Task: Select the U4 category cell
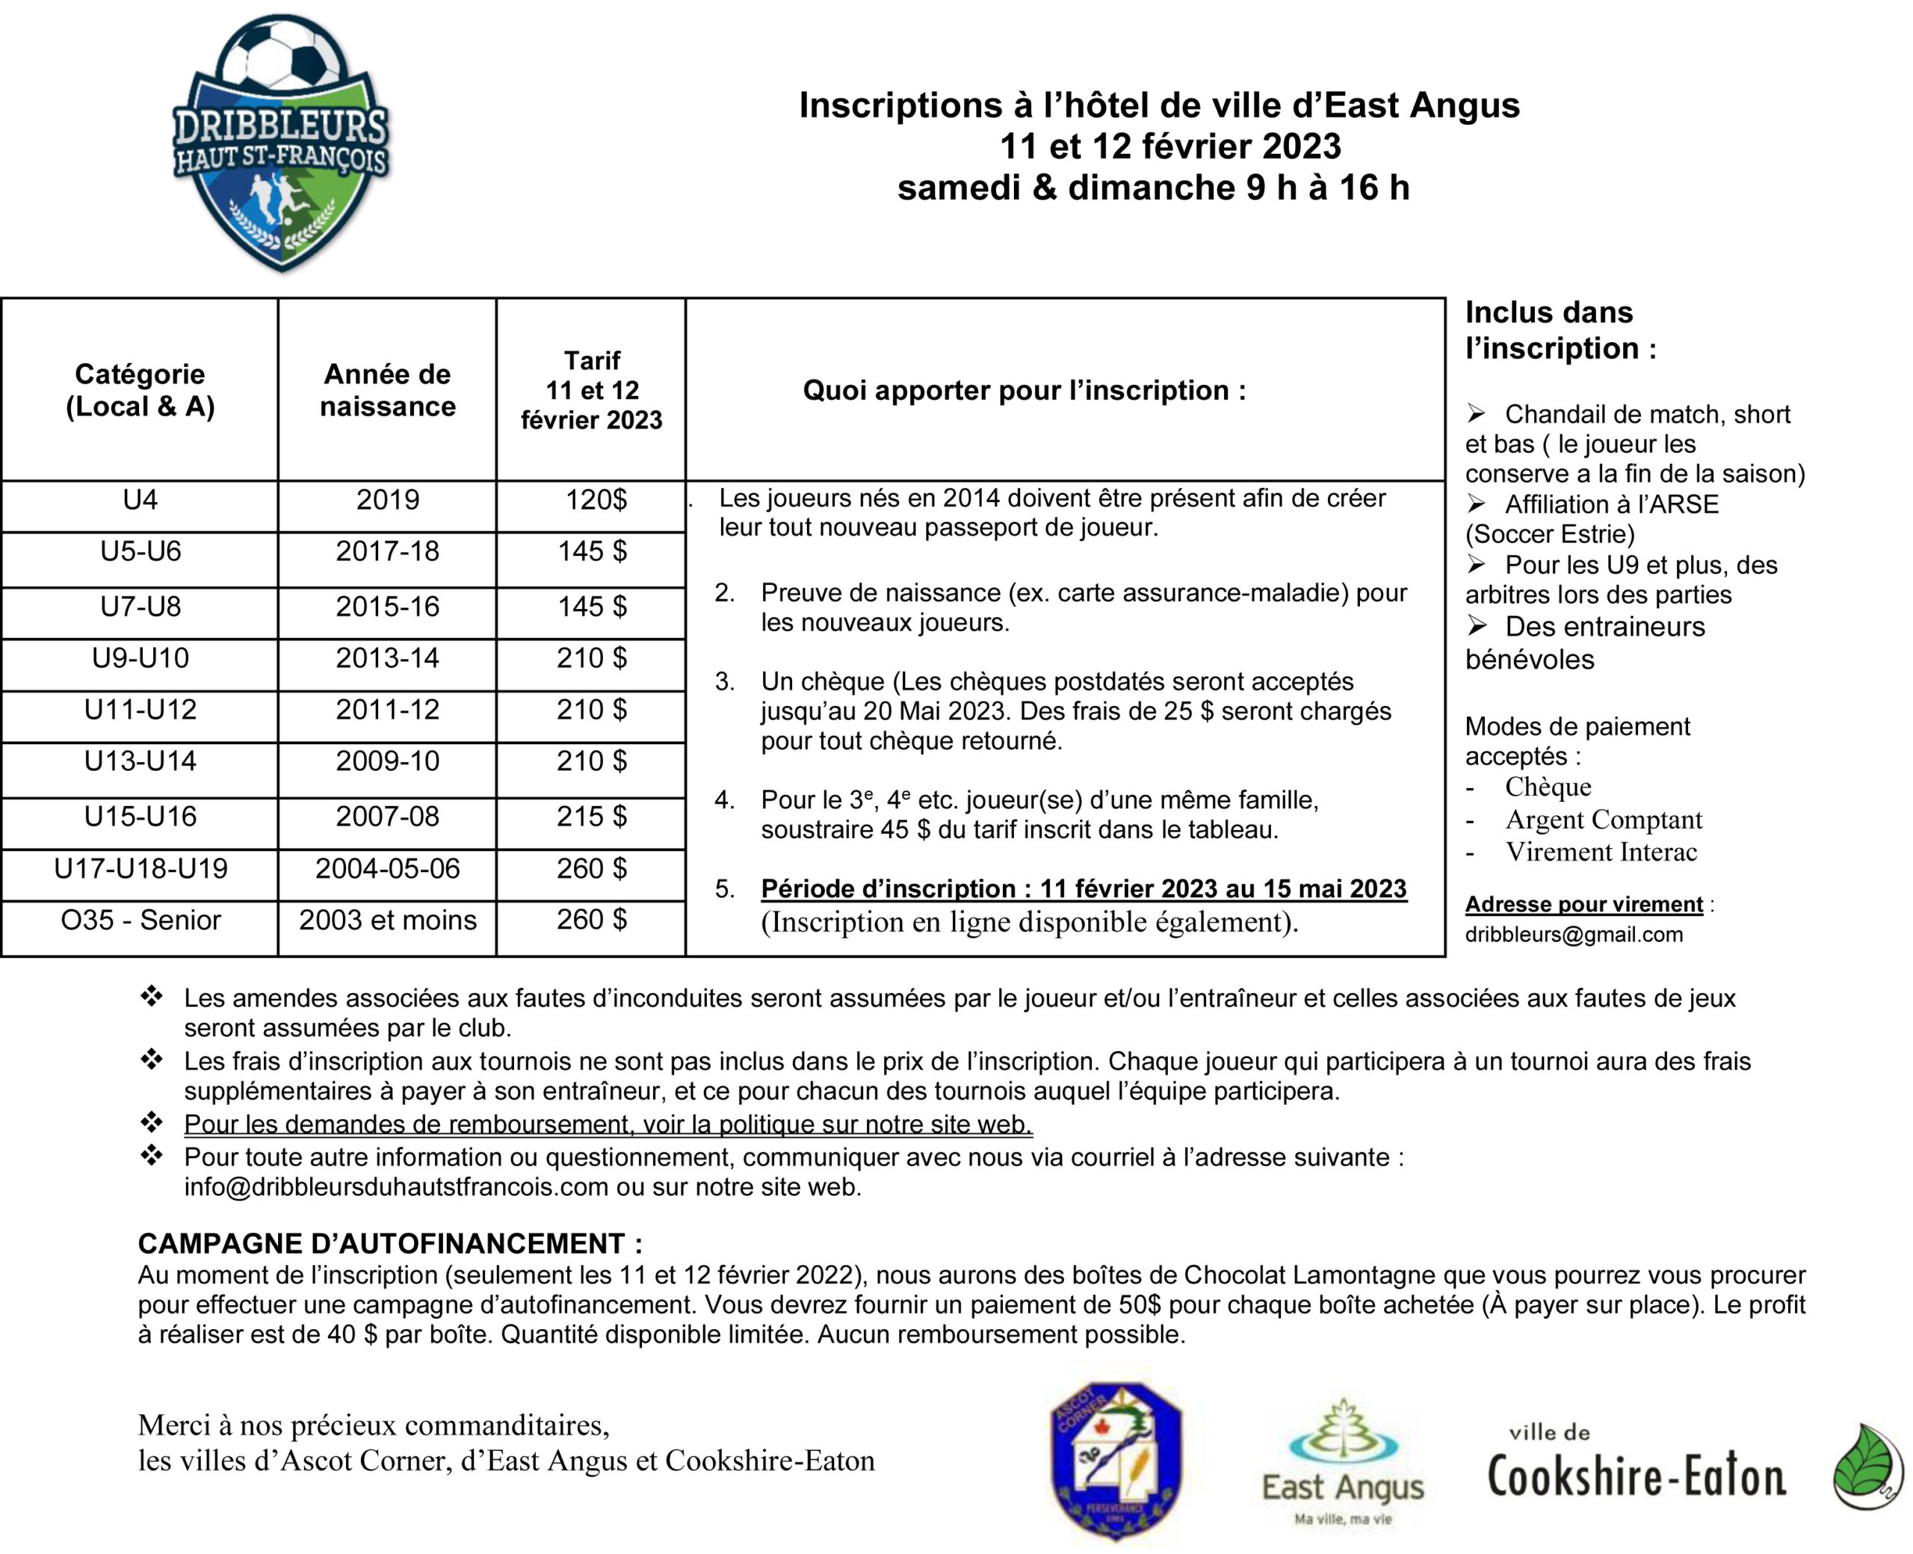[140, 500]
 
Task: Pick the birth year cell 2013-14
[387, 658]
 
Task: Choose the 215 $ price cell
[591, 817]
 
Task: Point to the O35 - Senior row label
[140, 920]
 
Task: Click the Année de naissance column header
[387, 390]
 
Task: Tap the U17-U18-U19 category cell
[140, 868]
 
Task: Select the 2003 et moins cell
[387, 920]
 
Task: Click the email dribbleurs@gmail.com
[1574, 935]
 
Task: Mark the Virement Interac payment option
[1601, 852]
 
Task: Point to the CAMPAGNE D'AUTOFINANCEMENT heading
[389, 1243]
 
